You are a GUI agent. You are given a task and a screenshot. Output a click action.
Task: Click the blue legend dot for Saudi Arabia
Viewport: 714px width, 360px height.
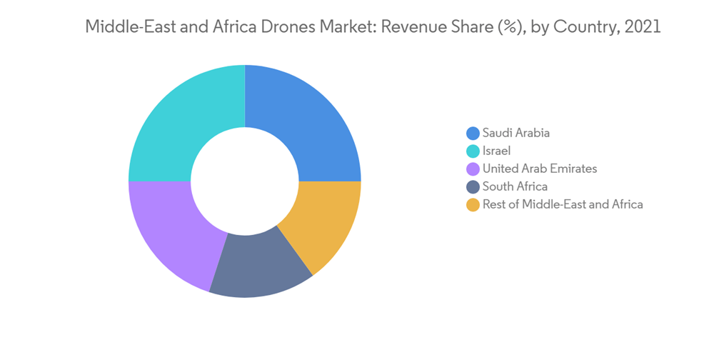(x=473, y=133)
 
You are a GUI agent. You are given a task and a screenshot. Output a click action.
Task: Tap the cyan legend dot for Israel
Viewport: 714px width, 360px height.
(x=473, y=151)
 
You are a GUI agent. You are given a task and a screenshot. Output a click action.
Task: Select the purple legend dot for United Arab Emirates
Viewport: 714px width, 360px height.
(x=473, y=169)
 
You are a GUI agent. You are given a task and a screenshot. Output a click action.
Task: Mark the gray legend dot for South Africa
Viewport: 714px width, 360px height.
(x=473, y=187)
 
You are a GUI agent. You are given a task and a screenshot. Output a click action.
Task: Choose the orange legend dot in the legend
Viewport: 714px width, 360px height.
(x=473, y=205)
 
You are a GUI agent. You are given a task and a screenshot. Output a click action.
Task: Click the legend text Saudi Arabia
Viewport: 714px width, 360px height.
(x=516, y=133)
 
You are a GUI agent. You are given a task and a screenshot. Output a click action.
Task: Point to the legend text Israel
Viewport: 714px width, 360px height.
(x=497, y=151)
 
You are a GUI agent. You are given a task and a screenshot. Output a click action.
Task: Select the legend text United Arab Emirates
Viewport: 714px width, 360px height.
(x=540, y=169)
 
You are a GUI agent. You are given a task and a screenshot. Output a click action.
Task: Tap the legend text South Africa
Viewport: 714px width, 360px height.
(x=516, y=187)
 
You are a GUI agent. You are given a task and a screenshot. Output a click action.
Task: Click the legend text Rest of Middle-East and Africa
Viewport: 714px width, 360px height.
(x=563, y=205)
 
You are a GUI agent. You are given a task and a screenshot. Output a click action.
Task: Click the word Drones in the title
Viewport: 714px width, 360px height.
(x=283, y=28)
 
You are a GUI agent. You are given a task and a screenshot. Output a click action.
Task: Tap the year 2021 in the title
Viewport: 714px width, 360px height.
(x=640, y=28)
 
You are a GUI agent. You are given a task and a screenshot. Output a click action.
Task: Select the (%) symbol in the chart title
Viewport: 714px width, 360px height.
(x=505, y=28)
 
